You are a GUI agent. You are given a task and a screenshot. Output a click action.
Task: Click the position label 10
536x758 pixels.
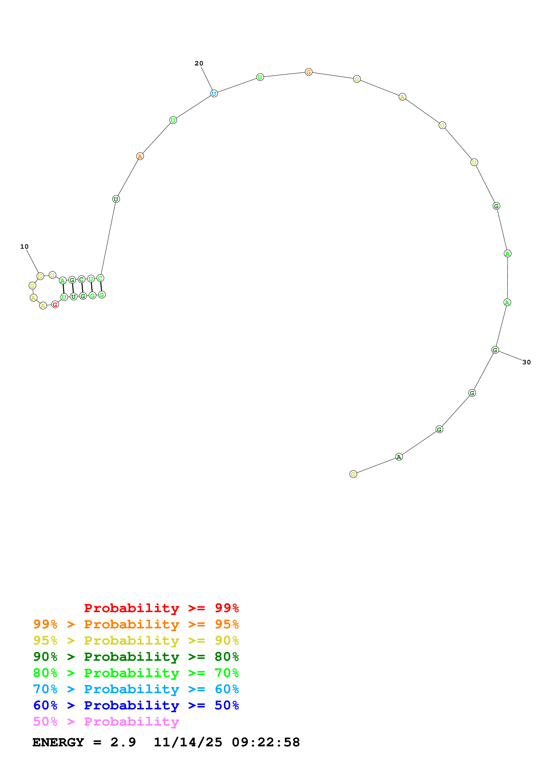tap(24, 247)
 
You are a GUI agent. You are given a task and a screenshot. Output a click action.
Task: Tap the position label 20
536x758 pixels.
tap(199, 63)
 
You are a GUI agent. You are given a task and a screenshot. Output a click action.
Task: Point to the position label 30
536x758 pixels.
tap(526, 362)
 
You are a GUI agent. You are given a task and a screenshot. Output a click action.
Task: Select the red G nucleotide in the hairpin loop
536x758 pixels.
tap(55, 305)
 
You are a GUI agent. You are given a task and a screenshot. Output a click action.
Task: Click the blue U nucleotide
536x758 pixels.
tap(214, 94)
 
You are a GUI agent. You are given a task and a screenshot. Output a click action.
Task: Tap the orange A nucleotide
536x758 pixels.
tap(140, 156)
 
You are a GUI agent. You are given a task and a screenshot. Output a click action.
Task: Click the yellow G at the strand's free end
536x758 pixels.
tap(353, 475)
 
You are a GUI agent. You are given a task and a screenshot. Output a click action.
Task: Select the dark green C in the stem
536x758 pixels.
tap(82, 280)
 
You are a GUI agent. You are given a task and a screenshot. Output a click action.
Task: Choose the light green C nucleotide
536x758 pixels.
tap(100, 278)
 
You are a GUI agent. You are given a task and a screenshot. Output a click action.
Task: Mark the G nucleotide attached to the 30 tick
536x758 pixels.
tap(495, 350)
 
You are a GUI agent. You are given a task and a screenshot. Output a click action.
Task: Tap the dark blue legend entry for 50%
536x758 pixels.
tap(136, 705)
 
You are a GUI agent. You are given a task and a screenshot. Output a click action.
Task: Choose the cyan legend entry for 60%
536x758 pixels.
tap(136, 689)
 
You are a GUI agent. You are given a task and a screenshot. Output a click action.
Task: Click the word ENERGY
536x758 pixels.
tap(58, 742)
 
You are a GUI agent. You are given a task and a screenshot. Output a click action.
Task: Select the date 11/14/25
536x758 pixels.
tap(188, 742)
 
